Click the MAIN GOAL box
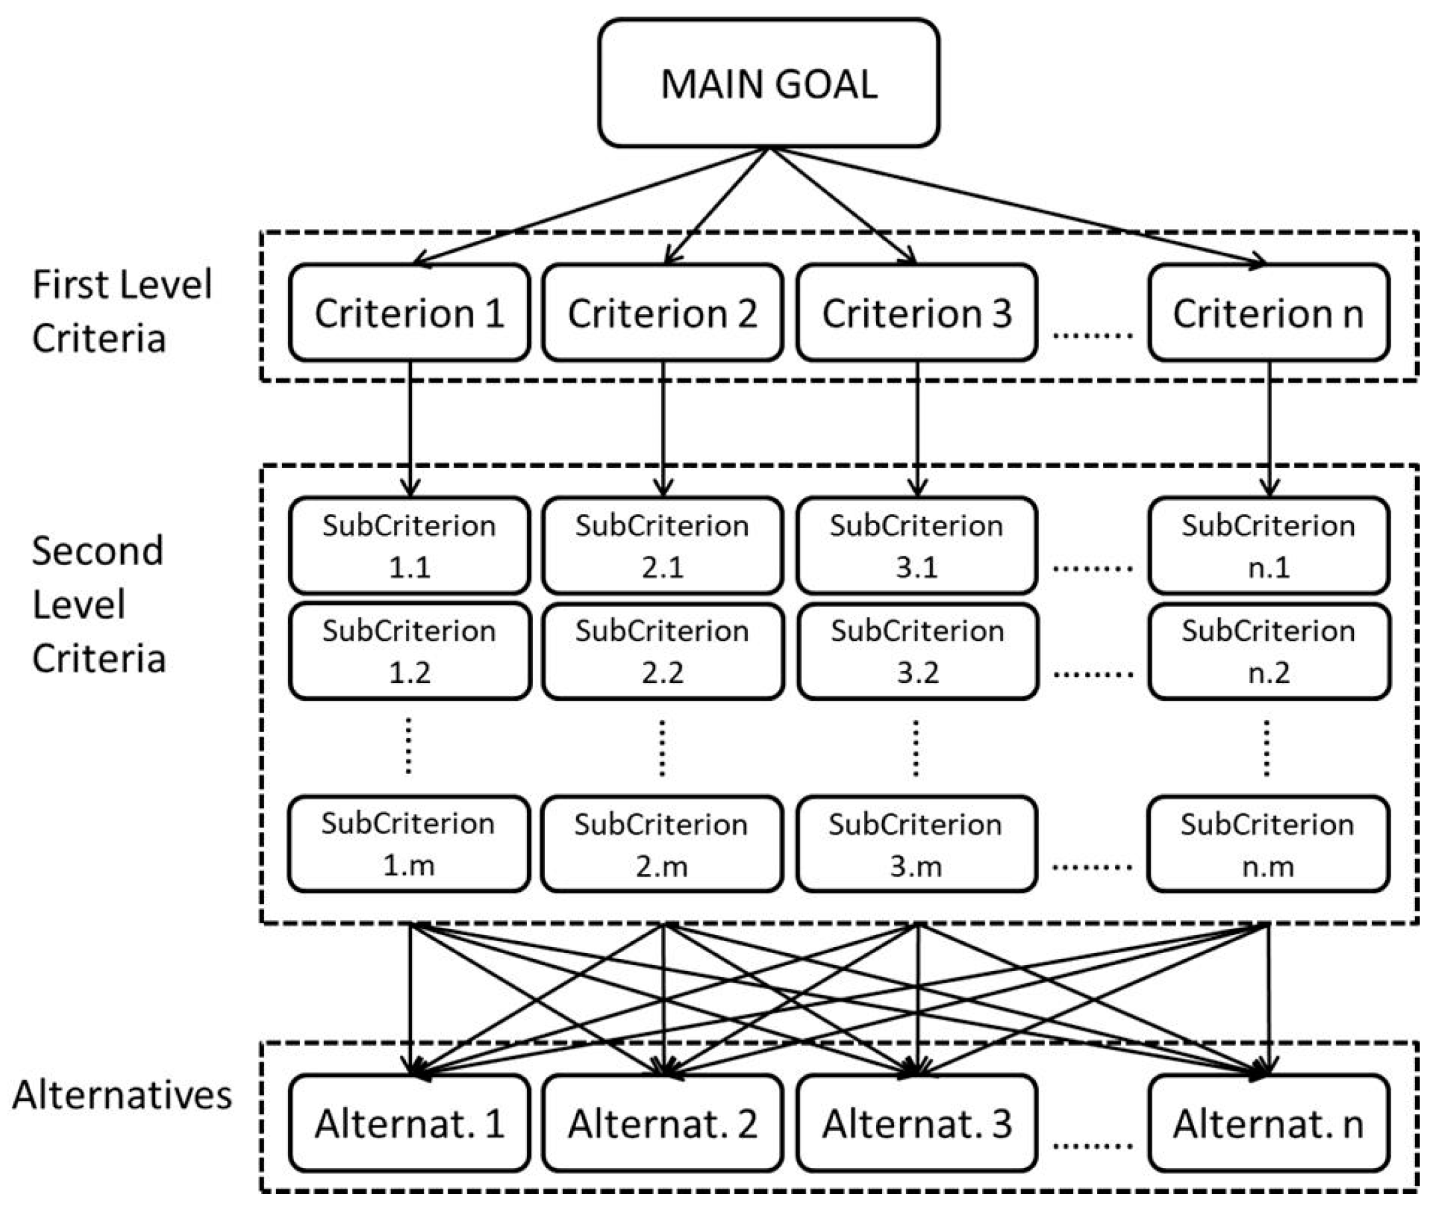768,83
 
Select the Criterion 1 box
409,312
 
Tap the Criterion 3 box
916,312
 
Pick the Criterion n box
1268,312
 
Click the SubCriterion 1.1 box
409,545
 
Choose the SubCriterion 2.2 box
663,651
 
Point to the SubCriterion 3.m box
915,844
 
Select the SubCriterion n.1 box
1268,545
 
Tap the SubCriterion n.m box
1267,844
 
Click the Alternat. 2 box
663,1123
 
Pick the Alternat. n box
1268,1123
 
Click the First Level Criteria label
121,311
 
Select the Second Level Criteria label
98,604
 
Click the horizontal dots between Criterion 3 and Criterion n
1092,335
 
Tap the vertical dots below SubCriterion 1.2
408,746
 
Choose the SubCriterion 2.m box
662,844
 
